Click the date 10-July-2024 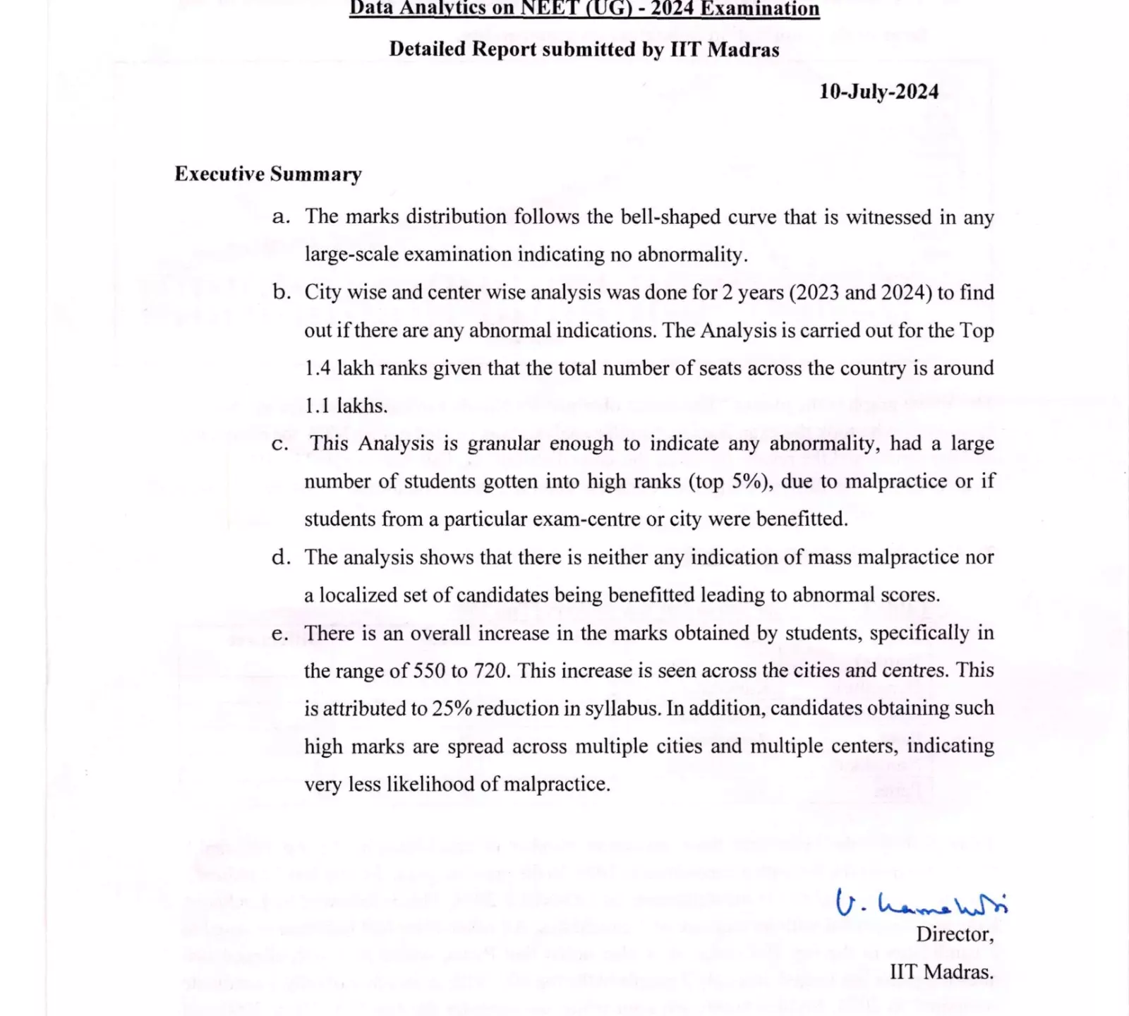879,92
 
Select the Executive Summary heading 268,174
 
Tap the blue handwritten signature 921,902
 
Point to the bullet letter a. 280,217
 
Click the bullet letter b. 281,292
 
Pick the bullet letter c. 280,444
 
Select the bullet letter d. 281,557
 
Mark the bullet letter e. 280,634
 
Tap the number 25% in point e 452,708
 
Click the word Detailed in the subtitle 427,49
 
